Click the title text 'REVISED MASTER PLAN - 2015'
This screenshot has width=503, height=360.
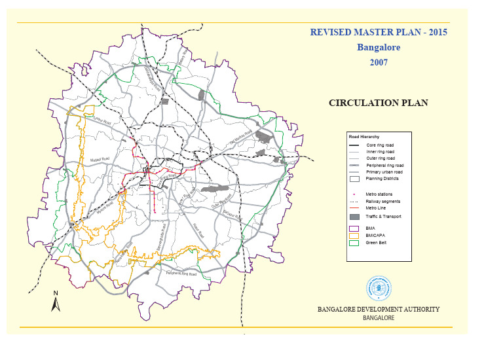pos(378,32)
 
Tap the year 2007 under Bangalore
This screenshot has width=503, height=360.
pos(378,62)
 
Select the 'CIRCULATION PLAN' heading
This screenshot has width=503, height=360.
pos(378,103)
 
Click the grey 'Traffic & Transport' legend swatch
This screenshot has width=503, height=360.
pos(355,217)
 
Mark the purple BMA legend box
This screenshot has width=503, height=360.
pos(355,228)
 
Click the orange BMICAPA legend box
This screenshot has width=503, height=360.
pos(355,236)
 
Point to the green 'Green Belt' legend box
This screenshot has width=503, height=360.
pos(355,242)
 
